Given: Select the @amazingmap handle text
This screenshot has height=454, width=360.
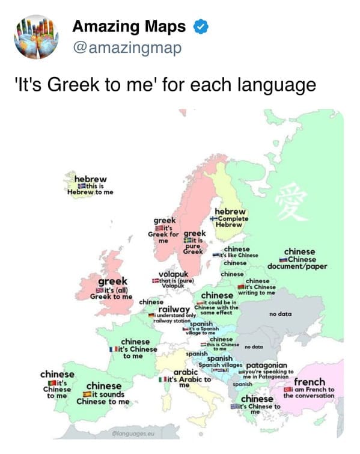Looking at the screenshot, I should (x=126, y=47).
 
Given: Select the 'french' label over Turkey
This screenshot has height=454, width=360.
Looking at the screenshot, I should (x=310, y=381).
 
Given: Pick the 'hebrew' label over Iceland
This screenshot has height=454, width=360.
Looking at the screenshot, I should (x=90, y=179).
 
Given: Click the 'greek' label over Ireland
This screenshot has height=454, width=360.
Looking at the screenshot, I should (x=112, y=281).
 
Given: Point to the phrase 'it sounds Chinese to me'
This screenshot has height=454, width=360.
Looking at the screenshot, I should (x=103, y=397).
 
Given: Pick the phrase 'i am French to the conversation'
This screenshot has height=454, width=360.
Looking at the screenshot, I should (x=310, y=392).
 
